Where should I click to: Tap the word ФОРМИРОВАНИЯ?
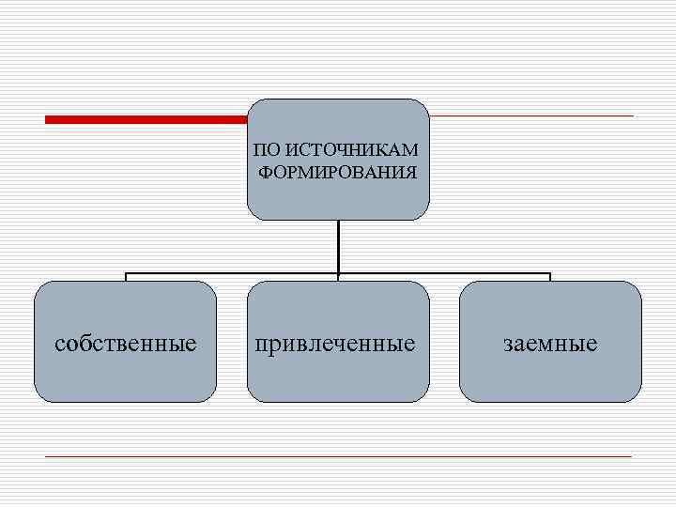(338, 172)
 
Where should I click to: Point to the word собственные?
(126, 344)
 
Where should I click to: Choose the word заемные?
(550, 344)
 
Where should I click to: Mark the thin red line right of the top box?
(531, 116)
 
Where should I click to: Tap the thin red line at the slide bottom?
(338, 456)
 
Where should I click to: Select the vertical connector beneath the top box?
(338, 246)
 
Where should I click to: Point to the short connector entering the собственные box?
(126, 278)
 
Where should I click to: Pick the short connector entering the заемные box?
(550, 278)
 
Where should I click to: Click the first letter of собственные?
(60, 345)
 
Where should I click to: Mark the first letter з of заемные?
(508, 345)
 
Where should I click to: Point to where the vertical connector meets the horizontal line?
(338, 274)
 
